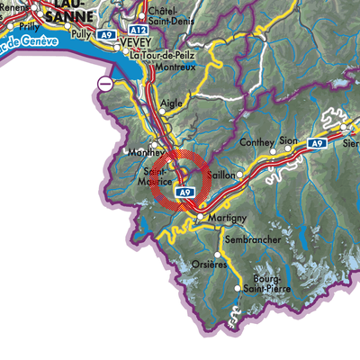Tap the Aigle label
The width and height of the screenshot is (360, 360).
click(171, 104)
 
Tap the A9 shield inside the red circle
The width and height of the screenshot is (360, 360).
click(184, 193)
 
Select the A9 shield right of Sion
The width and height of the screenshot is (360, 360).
click(316, 143)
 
